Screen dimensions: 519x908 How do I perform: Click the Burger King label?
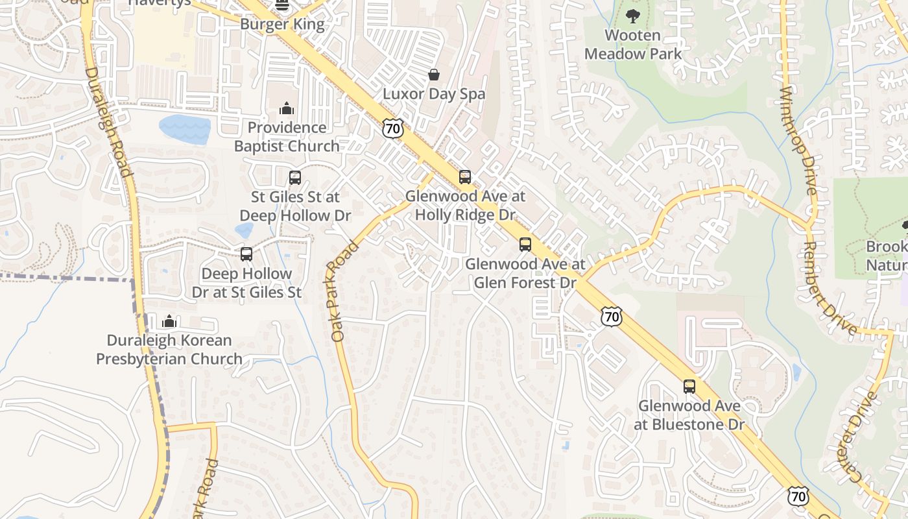pos(282,24)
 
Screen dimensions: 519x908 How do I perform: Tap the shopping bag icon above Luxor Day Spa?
pos(433,75)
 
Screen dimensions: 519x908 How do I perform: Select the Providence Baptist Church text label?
pos(287,137)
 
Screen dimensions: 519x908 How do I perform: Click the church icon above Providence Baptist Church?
pos(286,108)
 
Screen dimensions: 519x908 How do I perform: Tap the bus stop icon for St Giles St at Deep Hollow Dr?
pos(295,178)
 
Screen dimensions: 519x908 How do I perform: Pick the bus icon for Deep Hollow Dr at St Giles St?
pos(246,254)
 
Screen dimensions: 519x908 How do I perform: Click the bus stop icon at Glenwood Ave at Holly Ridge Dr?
pos(464,177)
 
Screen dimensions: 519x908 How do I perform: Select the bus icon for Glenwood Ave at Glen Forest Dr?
pos(525,245)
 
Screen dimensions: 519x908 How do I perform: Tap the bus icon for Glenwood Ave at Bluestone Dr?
pos(689,387)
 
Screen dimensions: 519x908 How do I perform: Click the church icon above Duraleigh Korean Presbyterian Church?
pos(169,321)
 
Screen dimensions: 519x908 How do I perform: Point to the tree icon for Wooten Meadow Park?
pos(632,16)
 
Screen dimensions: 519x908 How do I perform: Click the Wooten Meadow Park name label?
pos(633,45)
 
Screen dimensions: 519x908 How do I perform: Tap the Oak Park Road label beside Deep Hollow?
pos(344,292)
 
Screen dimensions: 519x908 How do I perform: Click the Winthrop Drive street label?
pos(799,139)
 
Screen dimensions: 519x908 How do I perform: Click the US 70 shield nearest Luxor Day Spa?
pos(392,128)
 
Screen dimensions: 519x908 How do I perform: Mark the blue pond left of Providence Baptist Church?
pos(185,129)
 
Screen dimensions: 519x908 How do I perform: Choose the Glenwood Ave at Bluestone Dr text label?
pos(689,415)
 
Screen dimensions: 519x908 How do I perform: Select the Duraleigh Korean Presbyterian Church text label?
pos(169,350)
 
